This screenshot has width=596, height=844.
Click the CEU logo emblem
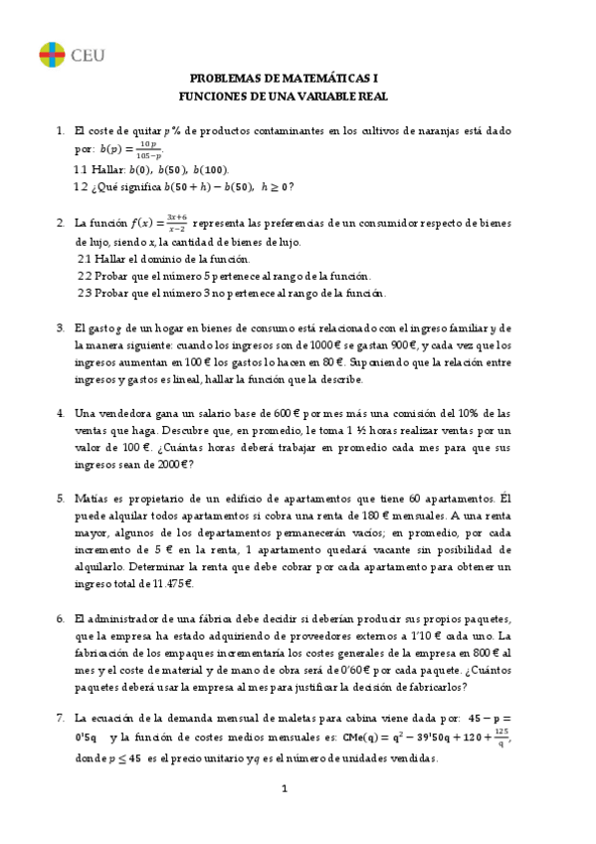(52, 54)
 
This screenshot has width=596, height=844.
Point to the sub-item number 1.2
(81, 186)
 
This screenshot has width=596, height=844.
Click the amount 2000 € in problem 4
(174, 464)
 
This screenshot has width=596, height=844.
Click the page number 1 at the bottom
(285, 790)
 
